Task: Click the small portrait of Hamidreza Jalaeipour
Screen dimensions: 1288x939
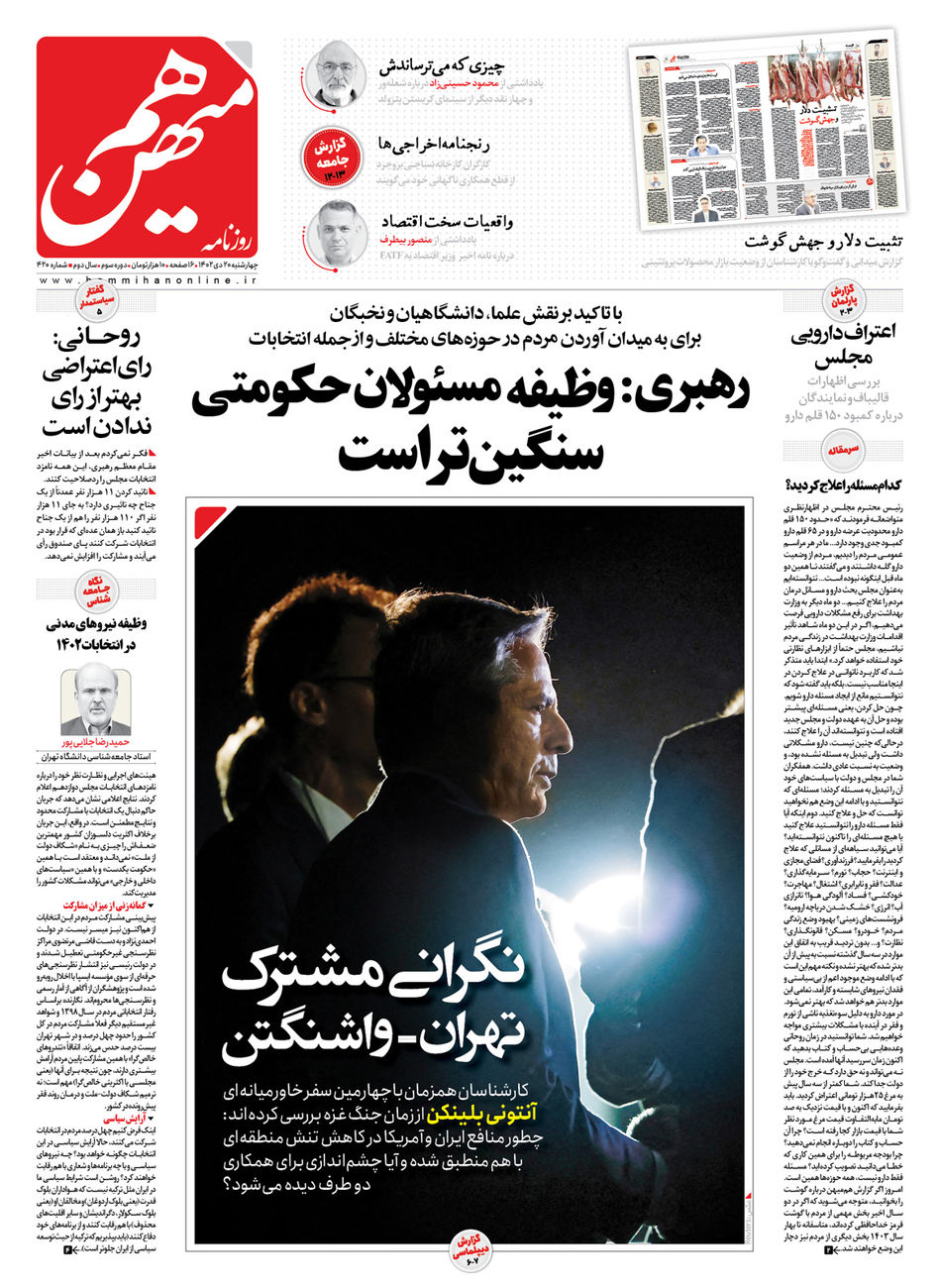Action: pyautogui.click(x=95, y=702)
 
